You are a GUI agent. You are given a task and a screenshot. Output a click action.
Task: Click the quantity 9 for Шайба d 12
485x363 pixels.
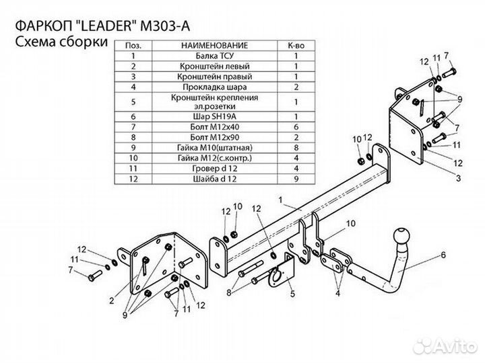click(294, 179)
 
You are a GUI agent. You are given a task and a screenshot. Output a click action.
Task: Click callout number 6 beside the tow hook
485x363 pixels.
click(444, 255)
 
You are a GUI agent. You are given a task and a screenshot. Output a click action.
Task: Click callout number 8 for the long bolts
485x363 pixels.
click(229, 292)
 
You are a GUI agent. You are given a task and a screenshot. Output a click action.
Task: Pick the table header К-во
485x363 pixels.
click(294, 44)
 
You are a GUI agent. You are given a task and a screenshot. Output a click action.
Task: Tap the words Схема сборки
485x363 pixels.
click(60, 42)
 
